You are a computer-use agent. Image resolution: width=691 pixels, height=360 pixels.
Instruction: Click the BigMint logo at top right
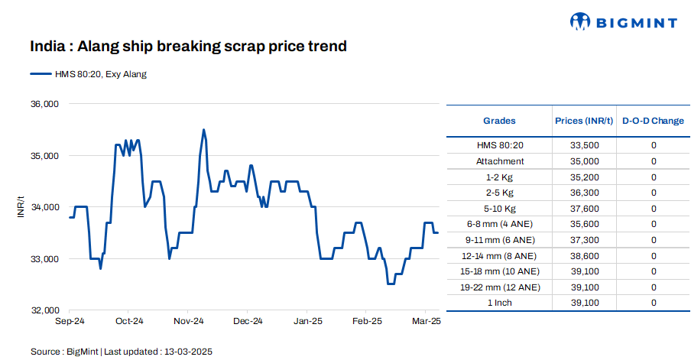(x=624, y=22)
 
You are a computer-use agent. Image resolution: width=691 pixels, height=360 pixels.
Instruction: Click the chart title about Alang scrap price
(x=189, y=47)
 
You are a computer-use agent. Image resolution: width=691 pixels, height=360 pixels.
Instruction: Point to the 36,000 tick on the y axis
(x=44, y=104)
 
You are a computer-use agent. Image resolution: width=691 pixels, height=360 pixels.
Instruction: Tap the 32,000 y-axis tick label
(x=44, y=311)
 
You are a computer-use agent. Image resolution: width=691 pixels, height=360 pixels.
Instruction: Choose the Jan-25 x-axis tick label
(x=307, y=322)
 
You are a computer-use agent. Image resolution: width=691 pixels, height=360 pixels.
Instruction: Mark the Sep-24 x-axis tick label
(x=70, y=322)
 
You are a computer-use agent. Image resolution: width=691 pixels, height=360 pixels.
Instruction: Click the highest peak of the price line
(x=203, y=130)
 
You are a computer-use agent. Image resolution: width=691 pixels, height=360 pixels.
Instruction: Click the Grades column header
(x=499, y=121)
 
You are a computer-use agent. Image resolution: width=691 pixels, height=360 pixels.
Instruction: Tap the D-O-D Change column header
(x=653, y=121)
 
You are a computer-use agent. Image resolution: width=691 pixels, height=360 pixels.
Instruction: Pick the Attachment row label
(x=499, y=161)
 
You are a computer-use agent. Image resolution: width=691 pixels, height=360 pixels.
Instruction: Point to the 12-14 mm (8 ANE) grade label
(x=499, y=256)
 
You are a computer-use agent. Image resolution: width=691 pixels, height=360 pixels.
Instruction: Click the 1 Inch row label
(x=499, y=303)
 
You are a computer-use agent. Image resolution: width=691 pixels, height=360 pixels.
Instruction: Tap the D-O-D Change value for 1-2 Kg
(x=654, y=177)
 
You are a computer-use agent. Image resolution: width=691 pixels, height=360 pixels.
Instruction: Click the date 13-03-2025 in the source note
(x=187, y=352)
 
